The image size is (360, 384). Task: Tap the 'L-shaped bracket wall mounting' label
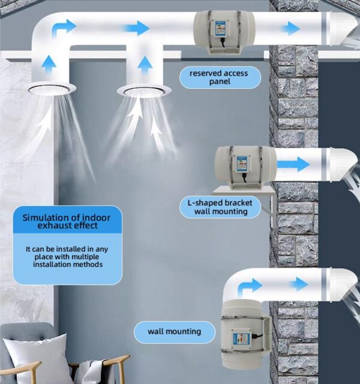[221, 207]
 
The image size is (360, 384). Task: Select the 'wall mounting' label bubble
[174, 331]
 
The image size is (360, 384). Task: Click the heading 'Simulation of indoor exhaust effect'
[67, 221]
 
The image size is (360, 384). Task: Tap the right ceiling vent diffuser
[143, 90]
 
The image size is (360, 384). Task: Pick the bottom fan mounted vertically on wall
[244, 334]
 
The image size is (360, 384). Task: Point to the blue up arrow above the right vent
[144, 63]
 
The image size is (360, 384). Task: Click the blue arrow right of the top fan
[292, 28]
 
